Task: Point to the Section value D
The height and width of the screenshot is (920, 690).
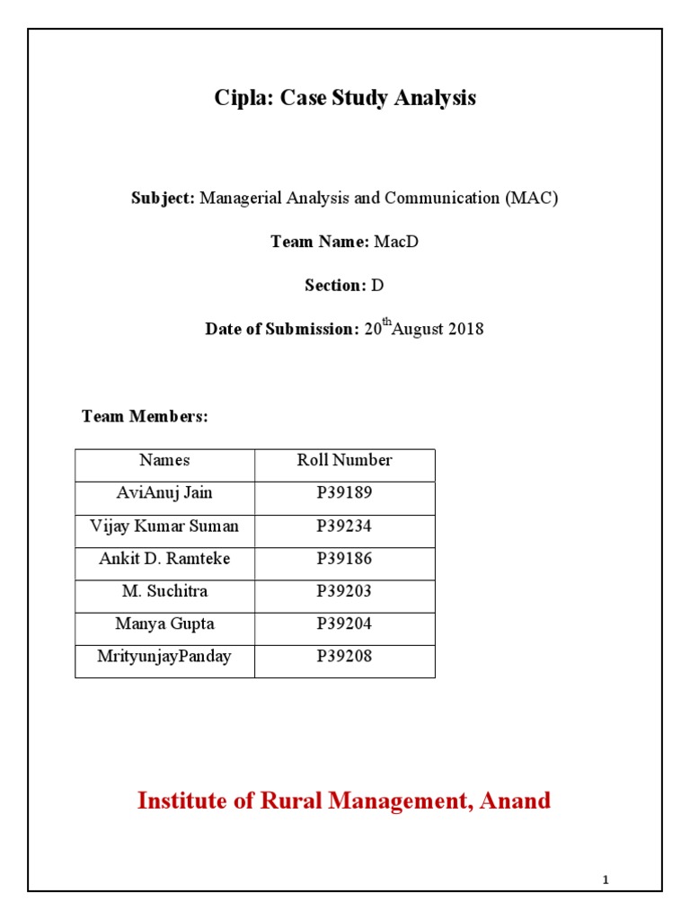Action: coord(377,285)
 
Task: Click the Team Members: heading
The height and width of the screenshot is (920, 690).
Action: coord(145,416)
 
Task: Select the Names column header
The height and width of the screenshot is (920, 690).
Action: coord(164,460)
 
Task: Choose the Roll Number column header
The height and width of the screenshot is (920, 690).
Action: coord(345,460)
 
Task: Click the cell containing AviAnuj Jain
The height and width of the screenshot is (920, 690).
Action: coord(164,492)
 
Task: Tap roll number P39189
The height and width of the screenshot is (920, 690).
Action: coord(345,492)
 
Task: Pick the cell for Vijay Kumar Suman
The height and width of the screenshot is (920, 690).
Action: coord(164,526)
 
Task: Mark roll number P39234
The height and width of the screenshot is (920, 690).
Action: coord(345,526)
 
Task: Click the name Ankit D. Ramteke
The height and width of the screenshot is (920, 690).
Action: coord(164,558)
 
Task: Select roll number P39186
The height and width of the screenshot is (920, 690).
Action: coord(345,558)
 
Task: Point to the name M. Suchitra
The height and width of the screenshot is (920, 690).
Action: coord(164,591)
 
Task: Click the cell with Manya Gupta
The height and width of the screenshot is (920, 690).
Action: coord(164,624)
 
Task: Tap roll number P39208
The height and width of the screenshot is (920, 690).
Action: coord(345,656)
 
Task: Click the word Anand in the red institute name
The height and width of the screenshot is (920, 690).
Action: coord(514,801)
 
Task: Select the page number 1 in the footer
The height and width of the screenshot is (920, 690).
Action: coord(606,880)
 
